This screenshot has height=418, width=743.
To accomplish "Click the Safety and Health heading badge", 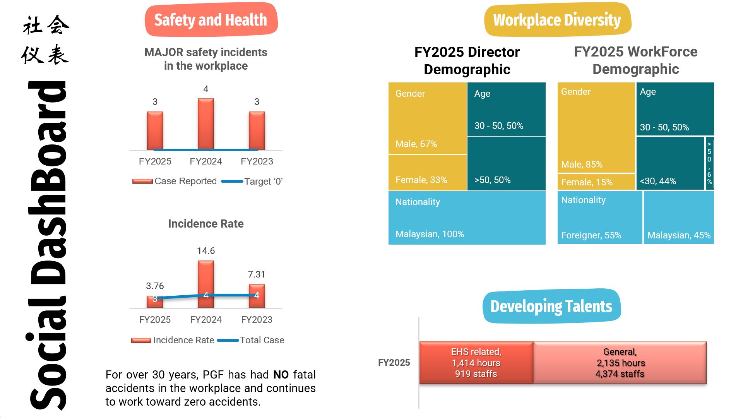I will [x=211, y=20].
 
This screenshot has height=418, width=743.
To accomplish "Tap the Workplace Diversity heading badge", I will [x=557, y=20].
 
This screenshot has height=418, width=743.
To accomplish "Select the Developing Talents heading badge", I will [x=551, y=306].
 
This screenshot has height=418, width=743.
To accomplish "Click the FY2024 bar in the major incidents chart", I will [x=206, y=124].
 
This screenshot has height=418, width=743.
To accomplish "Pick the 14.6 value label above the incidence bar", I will [x=206, y=251].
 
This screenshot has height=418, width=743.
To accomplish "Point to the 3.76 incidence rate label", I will [x=155, y=286].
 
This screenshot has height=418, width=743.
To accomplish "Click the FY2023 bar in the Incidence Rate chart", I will [x=257, y=296].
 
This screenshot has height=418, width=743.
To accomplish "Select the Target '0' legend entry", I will [x=252, y=182].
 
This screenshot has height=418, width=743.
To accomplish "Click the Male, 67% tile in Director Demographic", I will [x=428, y=118].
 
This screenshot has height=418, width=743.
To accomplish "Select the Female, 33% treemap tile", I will [x=428, y=173].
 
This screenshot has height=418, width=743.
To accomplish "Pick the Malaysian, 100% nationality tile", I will [x=467, y=218].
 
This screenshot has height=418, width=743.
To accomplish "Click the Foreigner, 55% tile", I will [x=600, y=218].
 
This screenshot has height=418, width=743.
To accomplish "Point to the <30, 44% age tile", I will [x=670, y=163].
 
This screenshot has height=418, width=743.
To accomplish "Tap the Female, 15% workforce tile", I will [x=596, y=182].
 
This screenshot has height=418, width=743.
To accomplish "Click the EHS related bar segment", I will [x=476, y=363].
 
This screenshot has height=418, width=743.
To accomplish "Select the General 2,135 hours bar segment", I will [x=620, y=363].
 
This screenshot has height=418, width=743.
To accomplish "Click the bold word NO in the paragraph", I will [x=281, y=375].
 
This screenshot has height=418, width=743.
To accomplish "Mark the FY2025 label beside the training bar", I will [x=394, y=363].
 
